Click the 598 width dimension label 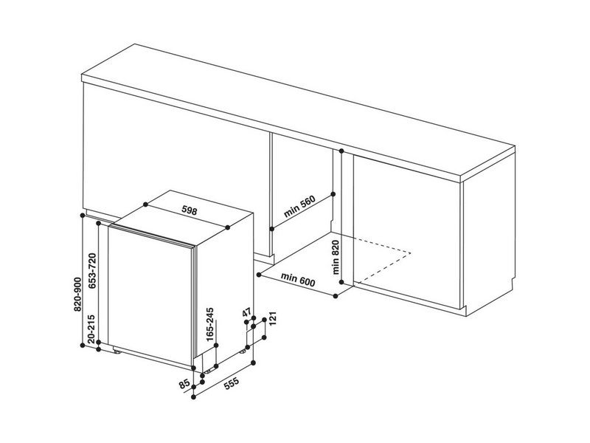pyautogui.click(x=190, y=211)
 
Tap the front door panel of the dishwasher pyautogui.click(x=151, y=295)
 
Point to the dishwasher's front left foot pyautogui.click(x=118, y=351)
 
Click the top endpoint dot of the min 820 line pyautogui.click(x=343, y=151)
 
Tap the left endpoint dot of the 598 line pyautogui.click(x=145, y=205)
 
